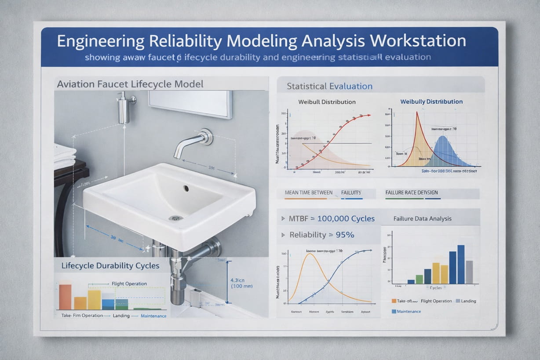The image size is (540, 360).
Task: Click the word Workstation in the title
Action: (x=418, y=41)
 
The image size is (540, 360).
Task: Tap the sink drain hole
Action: (x=186, y=188)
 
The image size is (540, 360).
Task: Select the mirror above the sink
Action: (x=190, y=104)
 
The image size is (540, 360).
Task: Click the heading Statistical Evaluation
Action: (x=329, y=86)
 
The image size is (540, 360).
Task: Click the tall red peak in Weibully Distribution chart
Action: (x=417, y=115)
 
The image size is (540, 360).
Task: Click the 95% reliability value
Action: (x=345, y=235)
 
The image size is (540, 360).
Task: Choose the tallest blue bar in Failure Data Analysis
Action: (x=461, y=264)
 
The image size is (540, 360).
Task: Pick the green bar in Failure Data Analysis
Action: (x=419, y=279)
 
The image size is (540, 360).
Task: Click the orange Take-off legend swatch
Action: (x=394, y=301)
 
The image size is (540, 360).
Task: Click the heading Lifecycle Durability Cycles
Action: (x=110, y=265)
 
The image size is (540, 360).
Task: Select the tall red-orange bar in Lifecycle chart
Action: (x=65, y=297)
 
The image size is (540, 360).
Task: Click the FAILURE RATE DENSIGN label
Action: (x=411, y=193)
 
